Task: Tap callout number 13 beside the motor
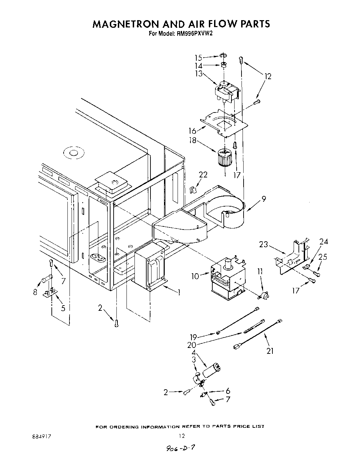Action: click(198, 73)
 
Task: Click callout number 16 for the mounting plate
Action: click(193, 131)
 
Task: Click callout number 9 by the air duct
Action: click(264, 199)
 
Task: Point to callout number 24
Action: click(324, 242)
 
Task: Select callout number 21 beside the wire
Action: click(270, 351)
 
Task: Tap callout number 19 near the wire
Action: click(194, 337)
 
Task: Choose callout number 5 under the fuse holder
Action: click(63, 308)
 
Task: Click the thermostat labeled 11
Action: click(264, 295)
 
